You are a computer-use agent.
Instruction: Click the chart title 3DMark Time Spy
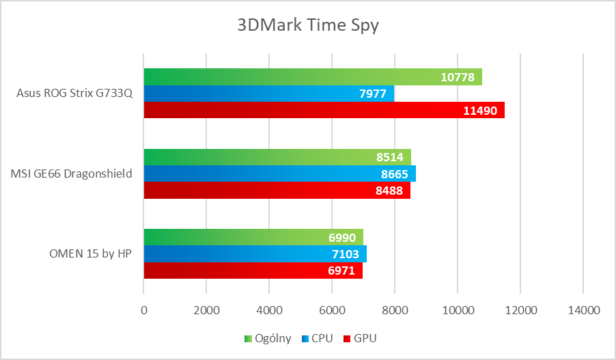307,26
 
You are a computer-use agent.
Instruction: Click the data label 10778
458,77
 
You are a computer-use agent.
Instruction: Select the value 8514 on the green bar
389,157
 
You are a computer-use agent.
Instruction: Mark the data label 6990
341,238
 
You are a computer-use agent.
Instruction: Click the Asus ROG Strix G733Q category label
74,94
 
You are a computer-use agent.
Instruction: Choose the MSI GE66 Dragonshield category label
72,174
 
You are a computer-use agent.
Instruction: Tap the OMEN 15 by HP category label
91,254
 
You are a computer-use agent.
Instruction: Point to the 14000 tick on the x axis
583,310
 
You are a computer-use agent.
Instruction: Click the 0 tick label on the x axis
143,310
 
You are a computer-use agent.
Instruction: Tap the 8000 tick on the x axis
395,310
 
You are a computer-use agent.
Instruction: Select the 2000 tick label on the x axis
206,310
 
